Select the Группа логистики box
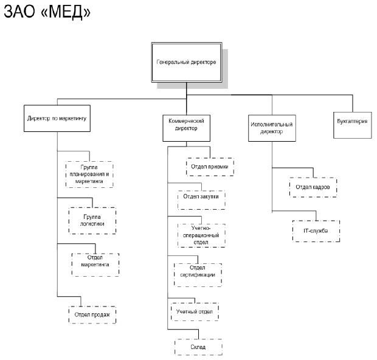coord(92,220)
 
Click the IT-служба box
coord(314,230)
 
